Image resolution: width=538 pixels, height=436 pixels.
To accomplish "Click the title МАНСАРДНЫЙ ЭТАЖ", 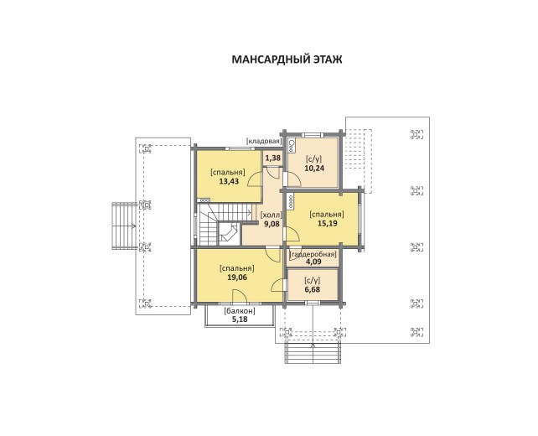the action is pos(287,60).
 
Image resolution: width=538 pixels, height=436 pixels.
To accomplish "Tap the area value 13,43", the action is pos(229,181).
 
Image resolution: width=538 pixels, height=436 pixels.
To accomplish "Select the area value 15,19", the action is pos(328,224).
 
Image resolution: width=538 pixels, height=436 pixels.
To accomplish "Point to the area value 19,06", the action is pos(237,277).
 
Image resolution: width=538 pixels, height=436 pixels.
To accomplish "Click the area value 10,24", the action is pos(314,168).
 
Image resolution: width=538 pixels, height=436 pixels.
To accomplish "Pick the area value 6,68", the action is pos(313,289).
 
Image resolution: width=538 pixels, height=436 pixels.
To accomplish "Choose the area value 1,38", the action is pos(273,158).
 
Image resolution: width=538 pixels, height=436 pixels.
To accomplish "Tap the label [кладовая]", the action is pos(264,141).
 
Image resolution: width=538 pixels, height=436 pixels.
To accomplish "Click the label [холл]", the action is pos(272,215).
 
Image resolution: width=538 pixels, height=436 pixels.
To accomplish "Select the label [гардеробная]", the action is pos(313,254).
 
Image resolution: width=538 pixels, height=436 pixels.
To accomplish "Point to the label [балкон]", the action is pos(240,311).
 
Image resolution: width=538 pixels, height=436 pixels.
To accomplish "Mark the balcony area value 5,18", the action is pos(240,319).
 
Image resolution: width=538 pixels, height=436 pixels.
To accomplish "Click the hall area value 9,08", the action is pos(272,224).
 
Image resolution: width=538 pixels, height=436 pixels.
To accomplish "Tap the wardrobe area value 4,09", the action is pos(313,262).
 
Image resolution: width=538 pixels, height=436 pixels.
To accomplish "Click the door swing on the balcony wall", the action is pos(240,296).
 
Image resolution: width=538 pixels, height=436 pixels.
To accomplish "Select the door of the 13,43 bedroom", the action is pos(256,179).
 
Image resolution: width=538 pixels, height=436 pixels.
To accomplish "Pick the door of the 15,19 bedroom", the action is pos(292,235).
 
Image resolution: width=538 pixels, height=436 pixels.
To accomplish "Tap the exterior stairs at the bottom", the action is pos(313,353).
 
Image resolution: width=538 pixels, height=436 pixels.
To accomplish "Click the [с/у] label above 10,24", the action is pos(314,159).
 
